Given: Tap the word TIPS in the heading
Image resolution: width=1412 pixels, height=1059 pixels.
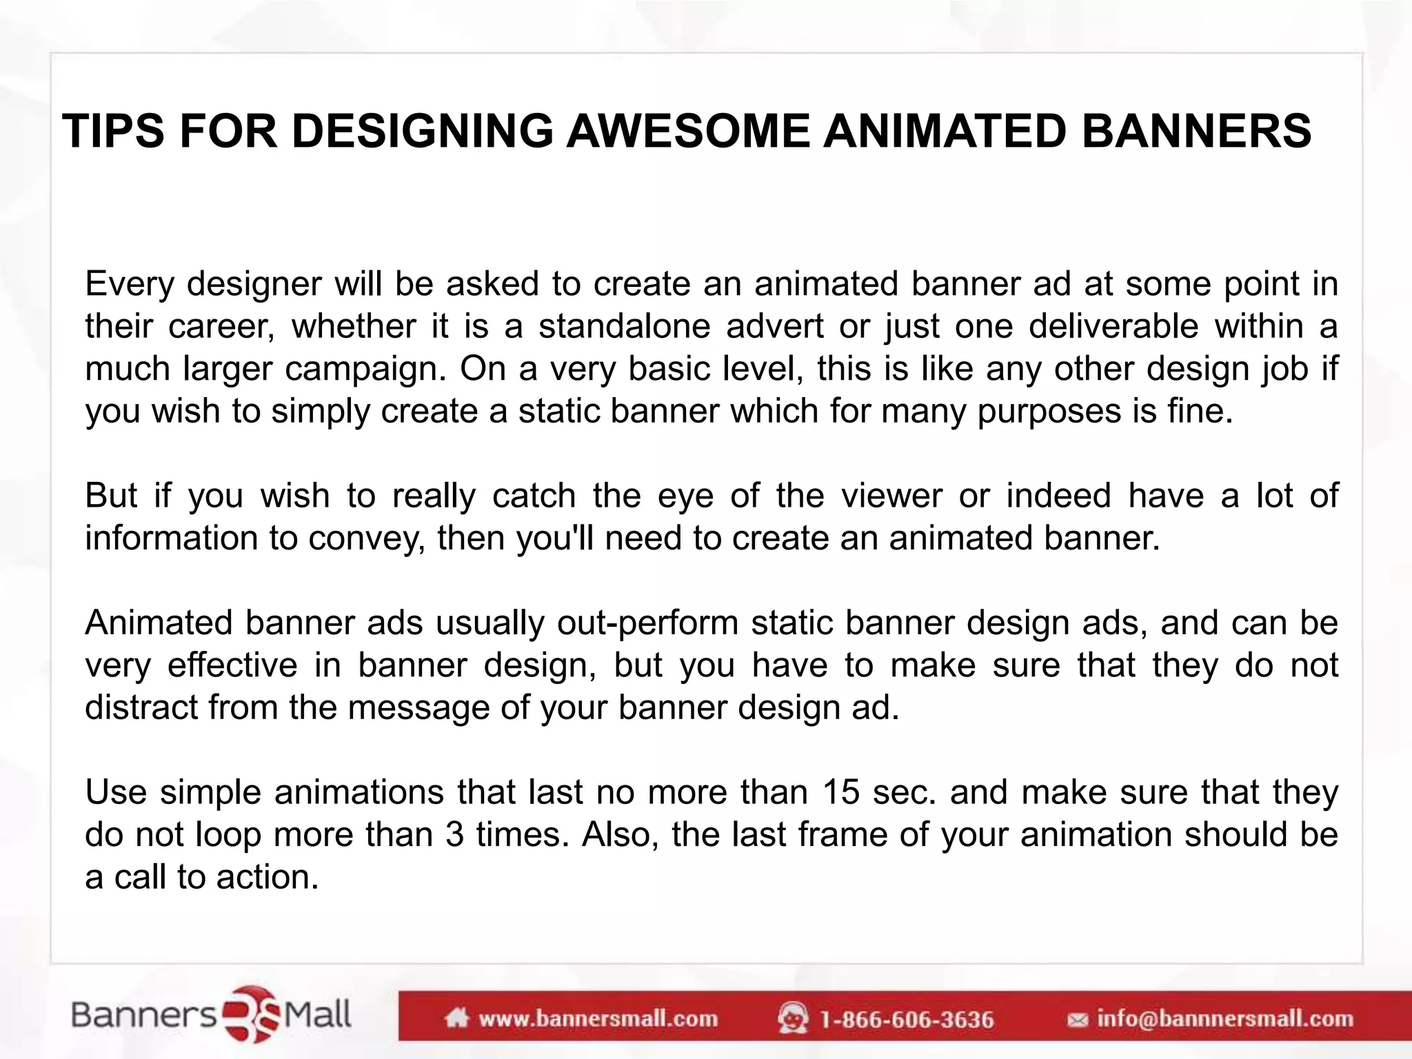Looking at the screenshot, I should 114,131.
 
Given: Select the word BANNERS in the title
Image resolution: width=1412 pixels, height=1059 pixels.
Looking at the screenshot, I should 1196,131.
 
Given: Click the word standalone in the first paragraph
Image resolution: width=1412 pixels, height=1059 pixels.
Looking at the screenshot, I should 624,326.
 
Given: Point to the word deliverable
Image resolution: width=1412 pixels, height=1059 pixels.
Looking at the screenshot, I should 1113,326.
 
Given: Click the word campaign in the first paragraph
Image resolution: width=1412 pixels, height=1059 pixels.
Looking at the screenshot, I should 365,369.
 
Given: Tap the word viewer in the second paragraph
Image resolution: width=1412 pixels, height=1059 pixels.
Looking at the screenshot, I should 891,496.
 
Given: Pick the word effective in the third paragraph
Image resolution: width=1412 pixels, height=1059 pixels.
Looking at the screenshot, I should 232,665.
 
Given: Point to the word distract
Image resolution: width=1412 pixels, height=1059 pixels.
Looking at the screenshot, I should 141,707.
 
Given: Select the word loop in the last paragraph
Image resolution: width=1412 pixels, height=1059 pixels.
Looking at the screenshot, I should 228,835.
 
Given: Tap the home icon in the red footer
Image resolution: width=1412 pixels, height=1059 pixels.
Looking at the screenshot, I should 457,1018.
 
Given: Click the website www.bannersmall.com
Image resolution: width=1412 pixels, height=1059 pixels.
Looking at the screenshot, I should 598,1019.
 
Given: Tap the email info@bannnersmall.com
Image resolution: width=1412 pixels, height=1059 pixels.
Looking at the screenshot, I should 1224,1019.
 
